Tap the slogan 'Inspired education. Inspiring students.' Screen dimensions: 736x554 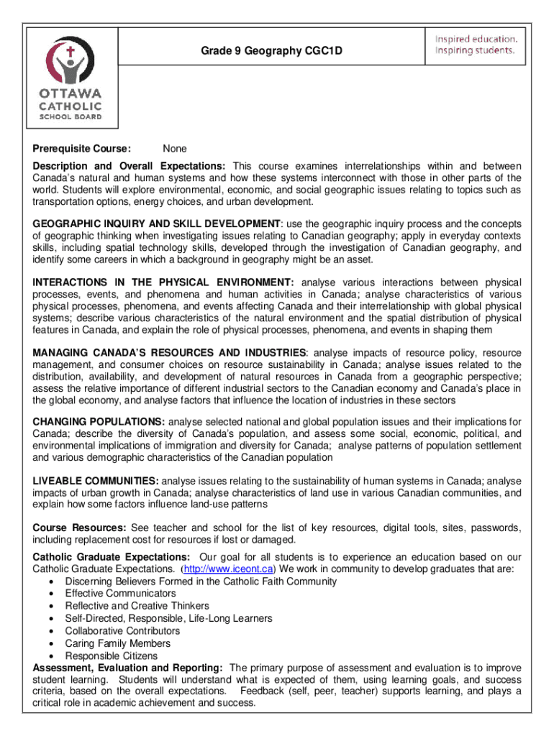click(475, 45)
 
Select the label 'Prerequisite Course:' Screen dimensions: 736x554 click(81, 149)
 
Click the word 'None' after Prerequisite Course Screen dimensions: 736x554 click(174, 149)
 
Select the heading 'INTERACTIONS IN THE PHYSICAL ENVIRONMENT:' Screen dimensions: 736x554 click(163, 282)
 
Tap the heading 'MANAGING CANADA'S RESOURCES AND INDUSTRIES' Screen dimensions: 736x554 click(170, 352)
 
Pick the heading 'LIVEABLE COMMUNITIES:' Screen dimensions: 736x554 click(96, 480)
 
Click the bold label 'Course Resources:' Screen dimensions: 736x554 click(80, 527)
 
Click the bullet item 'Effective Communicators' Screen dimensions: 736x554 click(120, 593)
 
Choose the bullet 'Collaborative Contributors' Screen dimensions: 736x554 click(122, 631)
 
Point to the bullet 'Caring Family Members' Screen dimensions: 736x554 click(117, 643)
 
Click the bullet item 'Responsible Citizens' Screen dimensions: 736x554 click(111, 656)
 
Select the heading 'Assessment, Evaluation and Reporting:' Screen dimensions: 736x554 click(128, 668)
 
